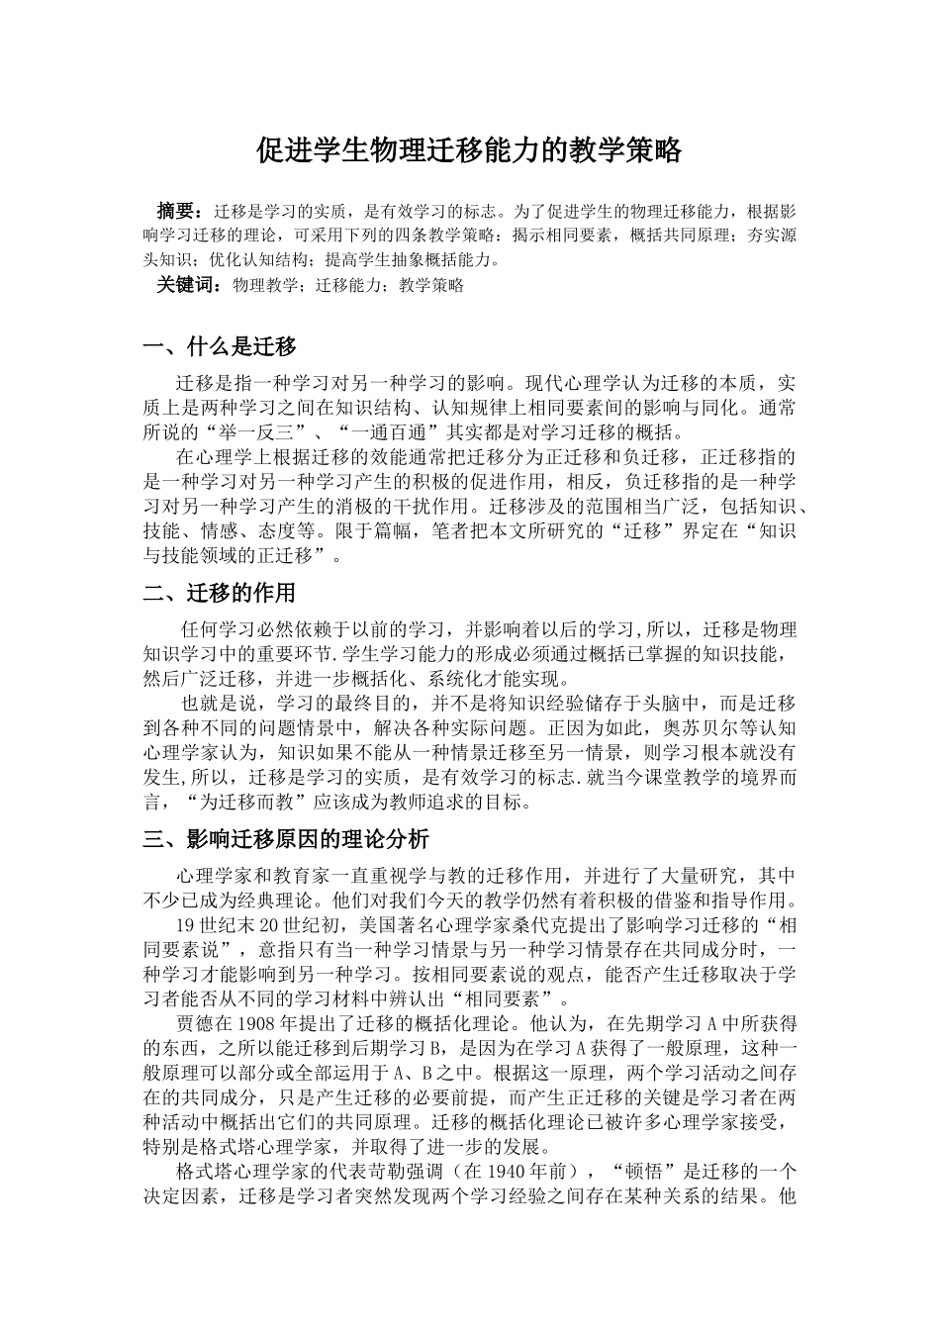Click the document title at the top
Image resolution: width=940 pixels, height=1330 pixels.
click(469, 150)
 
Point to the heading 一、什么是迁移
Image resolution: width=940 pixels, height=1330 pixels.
click(220, 347)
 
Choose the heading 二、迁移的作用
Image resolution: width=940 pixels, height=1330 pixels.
click(220, 593)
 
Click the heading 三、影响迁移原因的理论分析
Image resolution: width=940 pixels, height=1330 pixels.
click(286, 839)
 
